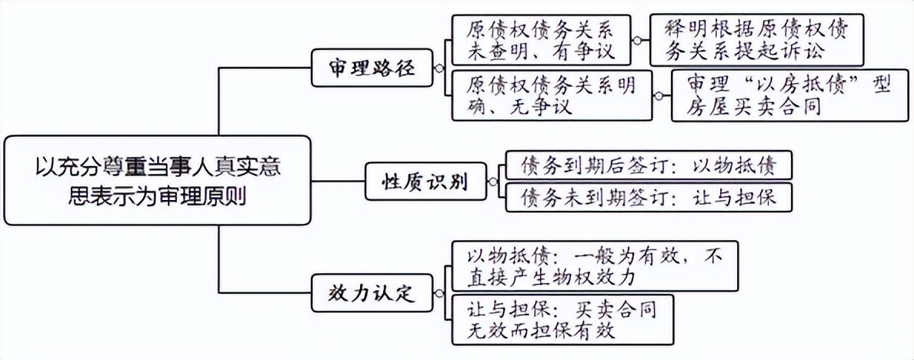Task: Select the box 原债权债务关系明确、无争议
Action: [x=551, y=95]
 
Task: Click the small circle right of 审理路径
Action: [x=439, y=68]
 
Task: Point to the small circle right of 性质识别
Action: [x=492, y=182]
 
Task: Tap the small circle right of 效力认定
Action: [x=439, y=293]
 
